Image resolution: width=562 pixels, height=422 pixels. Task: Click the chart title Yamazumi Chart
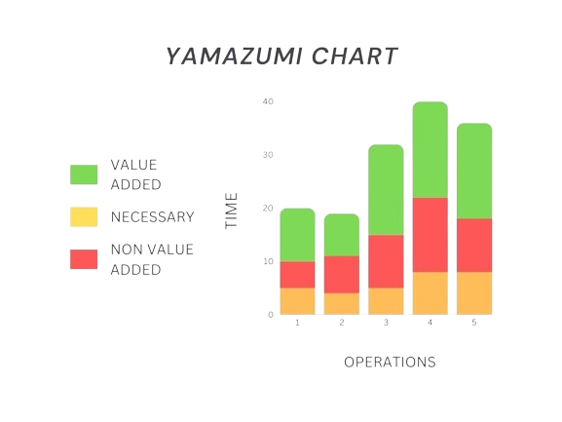[x=281, y=57]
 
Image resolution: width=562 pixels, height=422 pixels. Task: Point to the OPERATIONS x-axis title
[x=390, y=362]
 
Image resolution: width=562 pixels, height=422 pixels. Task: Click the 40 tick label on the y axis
[x=268, y=101]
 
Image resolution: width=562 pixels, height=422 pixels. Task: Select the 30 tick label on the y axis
[x=268, y=155]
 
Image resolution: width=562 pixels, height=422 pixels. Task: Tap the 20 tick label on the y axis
[x=268, y=209]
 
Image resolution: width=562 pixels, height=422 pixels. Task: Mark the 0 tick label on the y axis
[x=271, y=315]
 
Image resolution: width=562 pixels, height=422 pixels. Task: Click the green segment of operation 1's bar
[x=297, y=235]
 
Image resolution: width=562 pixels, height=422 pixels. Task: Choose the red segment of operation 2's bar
[x=341, y=274]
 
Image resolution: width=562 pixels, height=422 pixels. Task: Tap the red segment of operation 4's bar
[x=430, y=234]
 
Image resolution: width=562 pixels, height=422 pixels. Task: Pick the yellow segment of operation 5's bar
[x=473, y=292]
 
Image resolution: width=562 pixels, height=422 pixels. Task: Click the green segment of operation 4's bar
[x=430, y=149]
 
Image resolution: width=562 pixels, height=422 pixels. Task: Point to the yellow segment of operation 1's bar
[x=297, y=301]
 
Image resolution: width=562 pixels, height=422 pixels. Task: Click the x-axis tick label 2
[x=341, y=323]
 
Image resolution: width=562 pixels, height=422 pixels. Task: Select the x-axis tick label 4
[x=430, y=323]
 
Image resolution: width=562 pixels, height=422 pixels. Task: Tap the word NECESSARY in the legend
[x=153, y=217]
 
